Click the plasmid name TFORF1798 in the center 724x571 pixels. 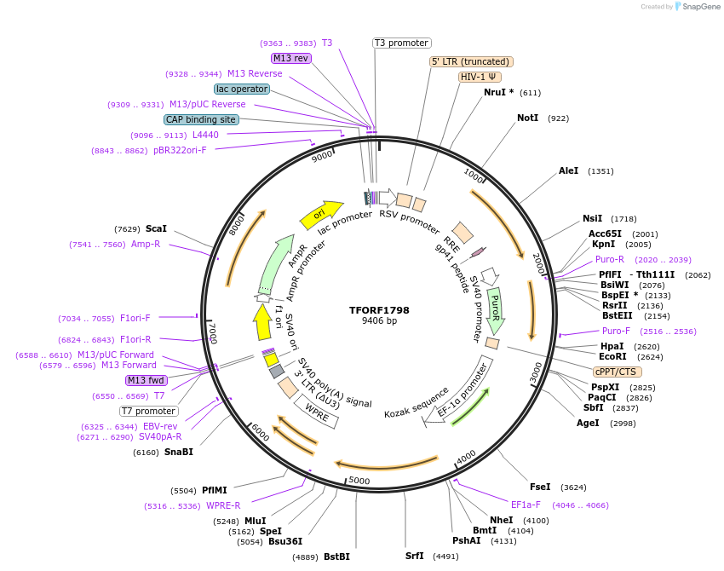[x=379, y=310]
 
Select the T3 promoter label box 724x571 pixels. [x=402, y=43]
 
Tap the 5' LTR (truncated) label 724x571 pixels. [x=471, y=61]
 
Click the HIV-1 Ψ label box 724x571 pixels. [x=480, y=77]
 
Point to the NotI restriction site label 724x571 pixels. [x=528, y=118]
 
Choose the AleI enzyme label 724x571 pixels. [x=568, y=171]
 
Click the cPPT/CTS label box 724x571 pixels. [x=618, y=372]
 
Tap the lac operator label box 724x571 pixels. [x=242, y=89]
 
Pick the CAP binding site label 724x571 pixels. [x=201, y=120]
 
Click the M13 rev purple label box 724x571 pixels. [x=290, y=58]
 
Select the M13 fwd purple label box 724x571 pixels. [x=146, y=380]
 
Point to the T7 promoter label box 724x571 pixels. [x=148, y=411]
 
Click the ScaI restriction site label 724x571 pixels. [x=156, y=228]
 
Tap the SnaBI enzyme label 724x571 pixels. [x=178, y=452]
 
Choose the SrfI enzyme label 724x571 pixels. [x=414, y=556]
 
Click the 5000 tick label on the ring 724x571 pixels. [x=359, y=481]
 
